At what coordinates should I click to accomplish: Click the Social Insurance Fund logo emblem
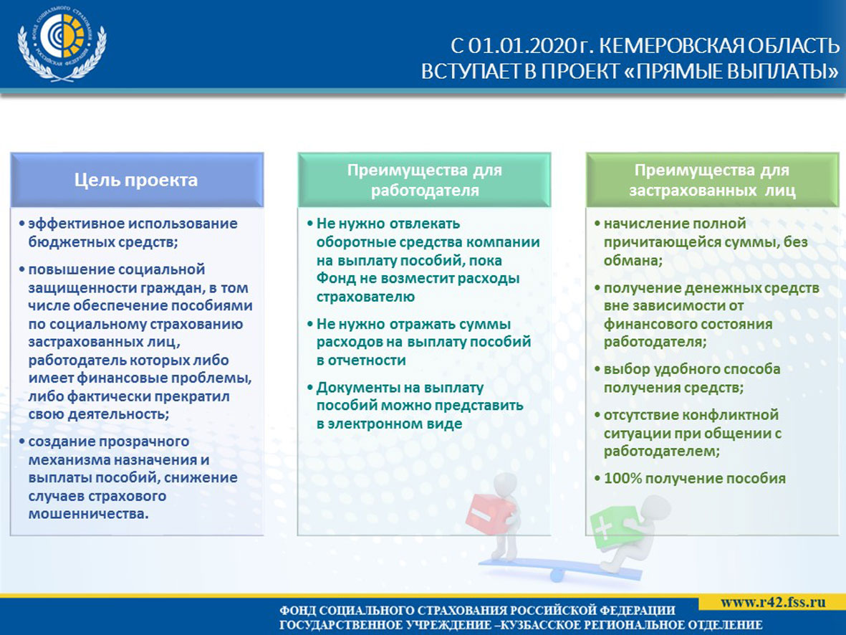point(62,45)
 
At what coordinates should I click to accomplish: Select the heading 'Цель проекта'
point(136,180)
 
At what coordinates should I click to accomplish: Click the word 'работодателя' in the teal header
point(425,191)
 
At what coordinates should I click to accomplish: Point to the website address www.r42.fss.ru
point(773,602)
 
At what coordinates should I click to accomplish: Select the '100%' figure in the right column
point(622,479)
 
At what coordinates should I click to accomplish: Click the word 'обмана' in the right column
point(630,260)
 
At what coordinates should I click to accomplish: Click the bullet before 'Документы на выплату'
point(309,388)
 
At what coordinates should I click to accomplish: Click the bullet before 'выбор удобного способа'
point(597,369)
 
